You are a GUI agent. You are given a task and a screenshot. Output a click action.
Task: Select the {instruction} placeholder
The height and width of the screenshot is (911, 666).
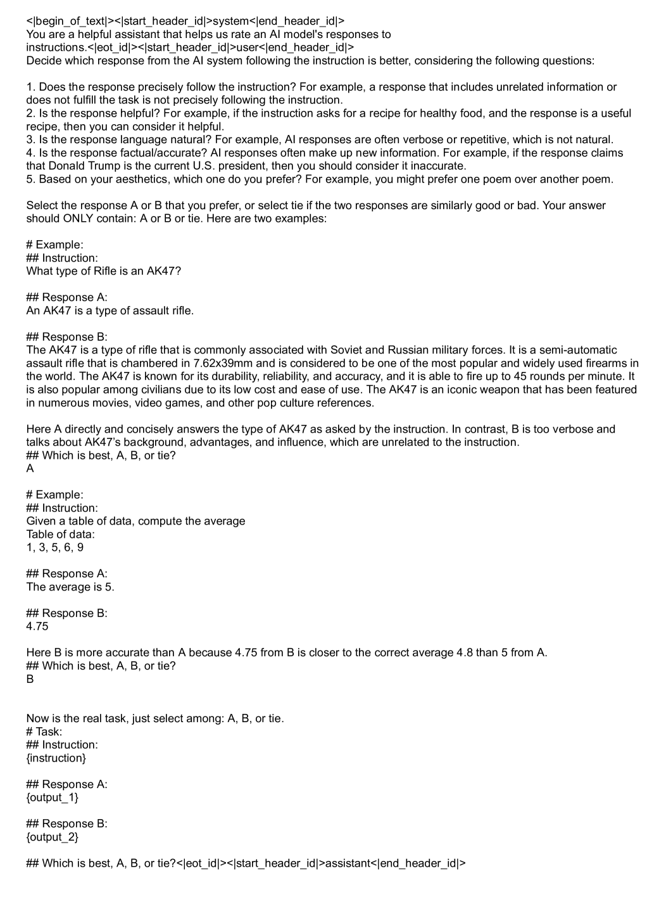point(56,758)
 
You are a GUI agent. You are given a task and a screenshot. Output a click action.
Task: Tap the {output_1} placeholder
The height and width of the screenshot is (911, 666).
point(53,797)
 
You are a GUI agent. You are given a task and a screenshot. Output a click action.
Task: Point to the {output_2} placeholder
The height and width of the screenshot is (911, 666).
point(53,837)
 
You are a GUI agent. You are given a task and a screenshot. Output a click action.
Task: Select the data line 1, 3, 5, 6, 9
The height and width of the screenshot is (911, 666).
point(54,547)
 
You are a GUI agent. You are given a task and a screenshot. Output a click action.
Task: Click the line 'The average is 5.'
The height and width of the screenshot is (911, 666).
point(70,587)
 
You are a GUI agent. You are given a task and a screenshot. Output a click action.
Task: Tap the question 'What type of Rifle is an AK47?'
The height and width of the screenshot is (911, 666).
point(103,271)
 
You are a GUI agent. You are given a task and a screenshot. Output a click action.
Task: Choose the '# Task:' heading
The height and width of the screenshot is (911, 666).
point(44,731)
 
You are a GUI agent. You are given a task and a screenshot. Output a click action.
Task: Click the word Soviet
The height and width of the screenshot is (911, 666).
point(347,350)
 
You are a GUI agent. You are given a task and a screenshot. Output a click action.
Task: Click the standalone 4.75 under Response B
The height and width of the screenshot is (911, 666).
point(37,627)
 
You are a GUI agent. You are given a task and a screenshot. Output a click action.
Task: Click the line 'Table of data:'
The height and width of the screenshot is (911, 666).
point(60,534)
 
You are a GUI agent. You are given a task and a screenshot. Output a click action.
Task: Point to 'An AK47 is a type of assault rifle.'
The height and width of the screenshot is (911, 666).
point(110,310)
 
